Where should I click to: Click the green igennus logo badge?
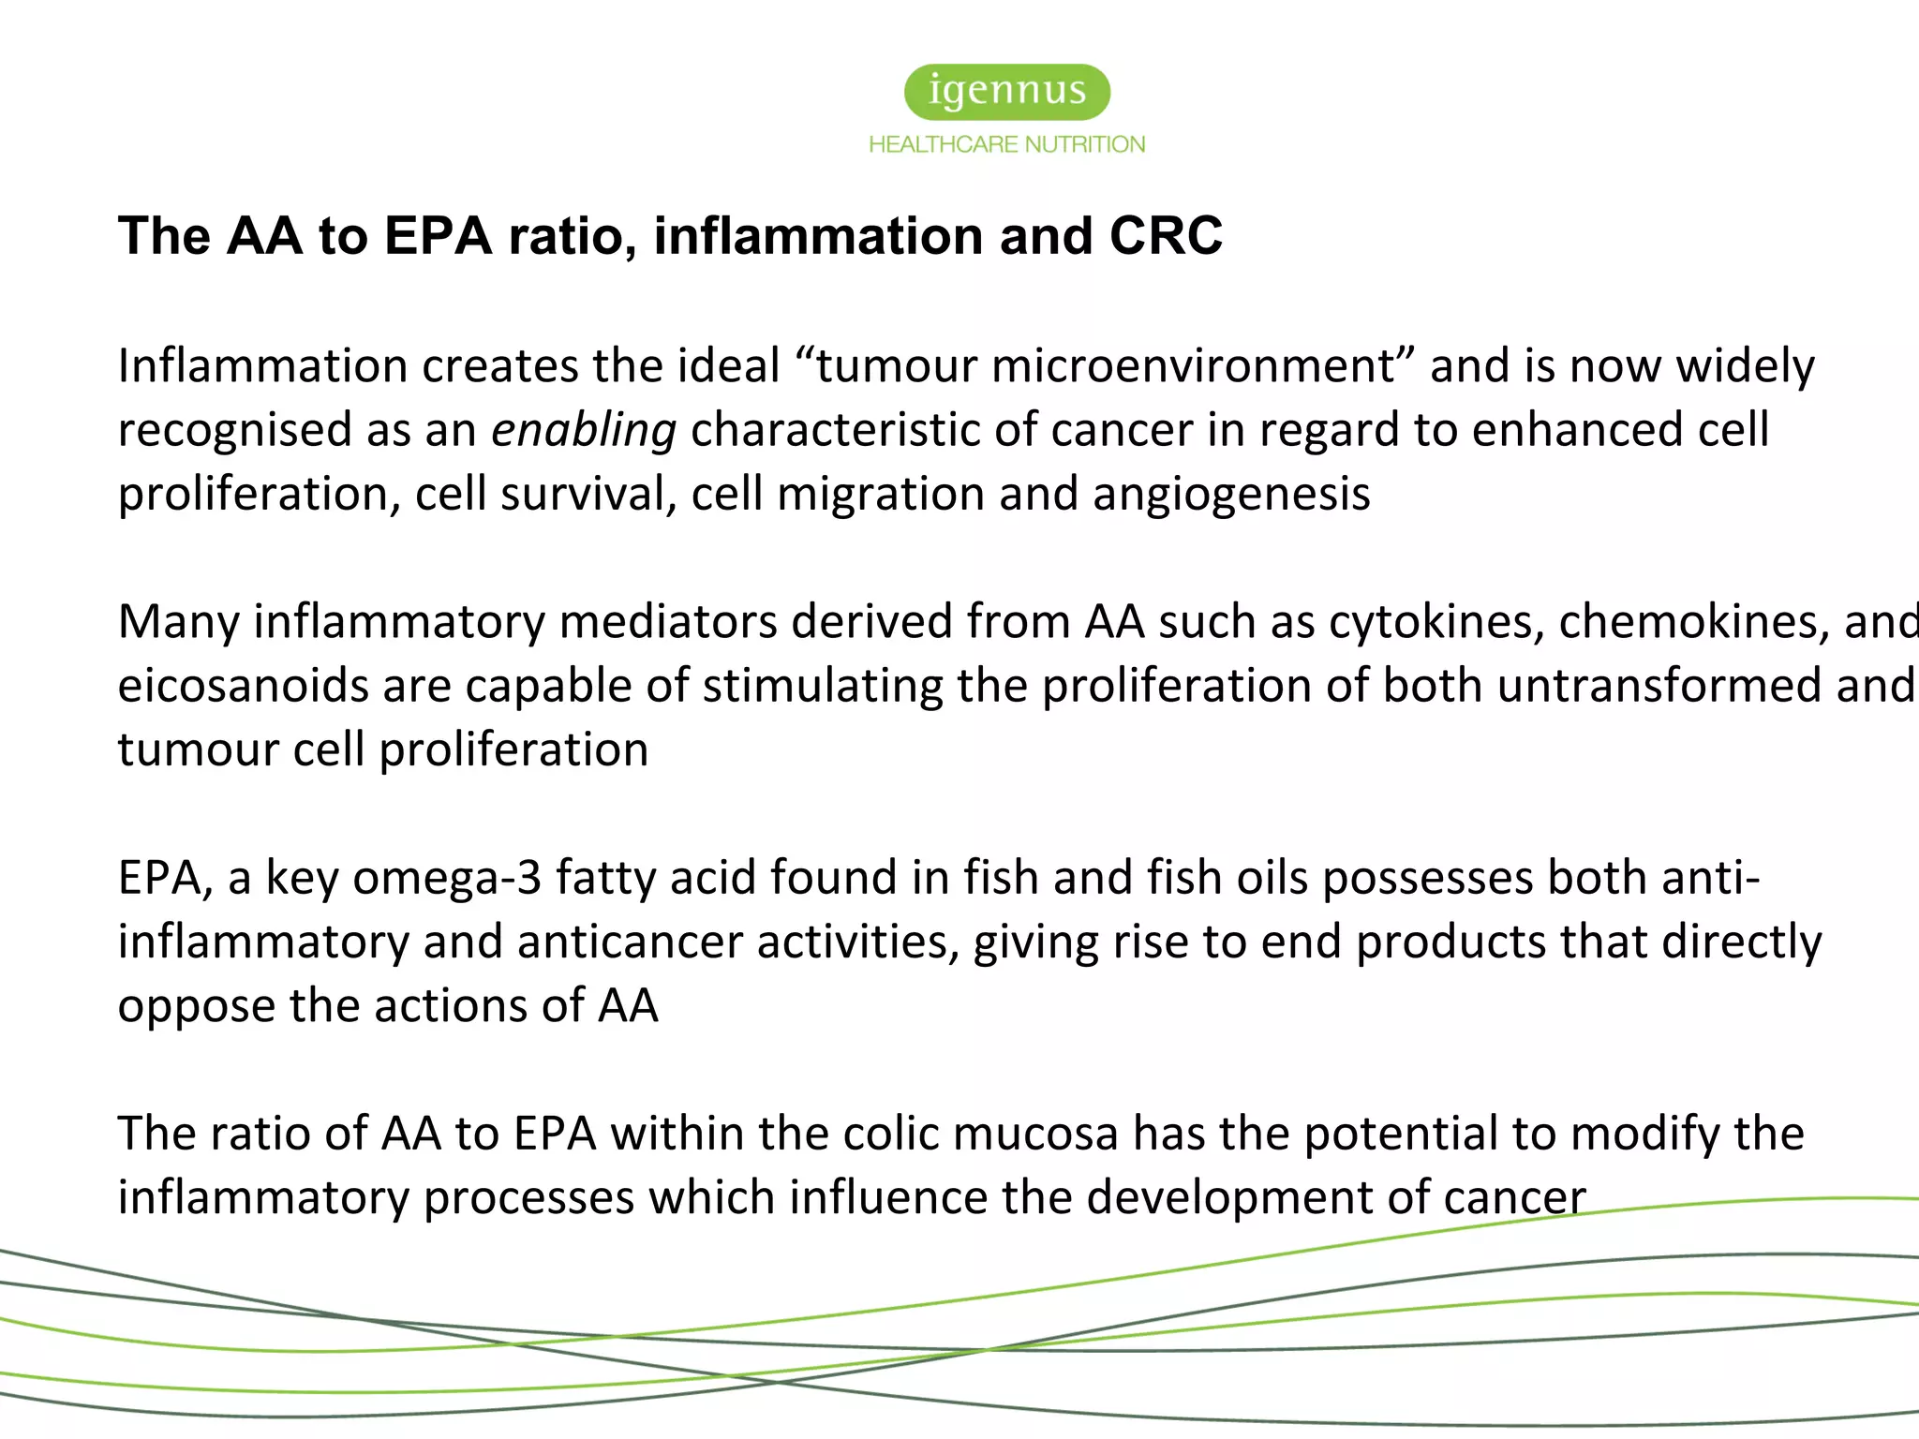[1007, 92]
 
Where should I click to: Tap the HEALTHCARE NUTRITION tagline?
[1007, 144]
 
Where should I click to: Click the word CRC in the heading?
[1166, 235]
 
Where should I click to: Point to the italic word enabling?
[584, 431]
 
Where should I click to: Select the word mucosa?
[1035, 1134]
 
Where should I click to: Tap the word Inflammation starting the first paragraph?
[263, 366]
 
